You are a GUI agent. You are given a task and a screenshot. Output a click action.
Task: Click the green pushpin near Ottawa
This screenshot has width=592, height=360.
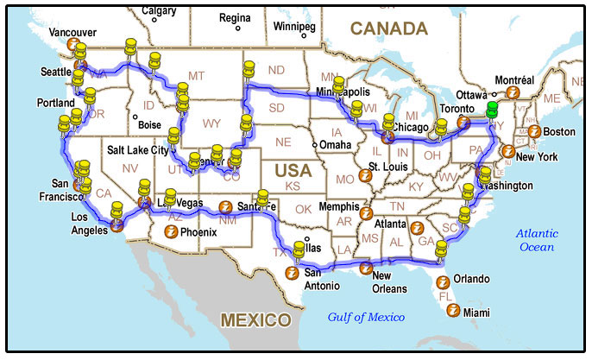[x=492, y=110]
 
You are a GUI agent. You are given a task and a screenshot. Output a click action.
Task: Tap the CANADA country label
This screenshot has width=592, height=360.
[x=388, y=28]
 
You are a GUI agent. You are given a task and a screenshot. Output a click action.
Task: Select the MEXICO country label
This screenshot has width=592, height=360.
[x=255, y=320]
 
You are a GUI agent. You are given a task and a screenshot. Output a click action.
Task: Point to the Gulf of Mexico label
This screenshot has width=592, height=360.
[x=366, y=317]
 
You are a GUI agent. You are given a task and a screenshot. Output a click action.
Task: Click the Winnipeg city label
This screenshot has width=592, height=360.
[x=294, y=26]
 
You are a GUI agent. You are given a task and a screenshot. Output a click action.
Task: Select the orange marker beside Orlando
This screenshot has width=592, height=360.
[x=443, y=280]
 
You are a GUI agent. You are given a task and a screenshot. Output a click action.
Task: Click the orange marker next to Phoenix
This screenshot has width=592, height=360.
[x=172, y=232]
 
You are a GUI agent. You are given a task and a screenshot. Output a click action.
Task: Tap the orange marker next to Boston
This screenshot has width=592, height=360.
[x=534, y=132]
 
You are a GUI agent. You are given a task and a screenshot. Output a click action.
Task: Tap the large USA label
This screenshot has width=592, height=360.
[x=293, y=170]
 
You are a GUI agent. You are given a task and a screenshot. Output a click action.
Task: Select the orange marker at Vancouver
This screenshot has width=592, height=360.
[x=75, y=44]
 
